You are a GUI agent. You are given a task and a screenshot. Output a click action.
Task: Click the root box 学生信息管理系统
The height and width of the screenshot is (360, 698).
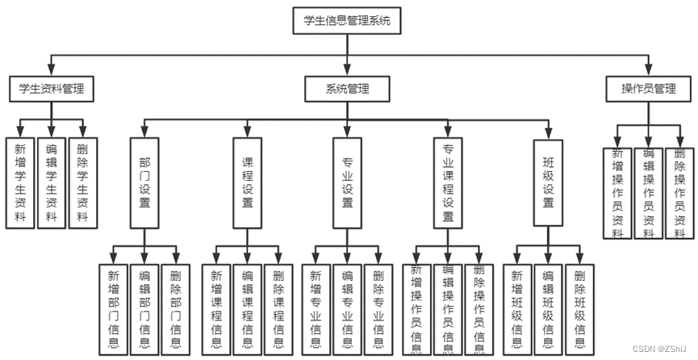point(347,21)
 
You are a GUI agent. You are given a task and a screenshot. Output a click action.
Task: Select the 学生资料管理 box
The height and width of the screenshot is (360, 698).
point(52,88)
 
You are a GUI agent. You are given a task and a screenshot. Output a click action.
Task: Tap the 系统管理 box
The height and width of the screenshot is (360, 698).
point(347,88)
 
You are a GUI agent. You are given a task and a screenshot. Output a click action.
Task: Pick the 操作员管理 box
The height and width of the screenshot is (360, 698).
point(647,88)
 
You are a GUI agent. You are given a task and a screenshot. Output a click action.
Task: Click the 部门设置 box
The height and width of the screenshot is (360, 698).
point(144,182)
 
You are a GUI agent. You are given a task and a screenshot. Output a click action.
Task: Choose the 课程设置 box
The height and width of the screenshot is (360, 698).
point(248,182)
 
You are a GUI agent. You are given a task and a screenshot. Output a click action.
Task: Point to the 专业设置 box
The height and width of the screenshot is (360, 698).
point(347,182)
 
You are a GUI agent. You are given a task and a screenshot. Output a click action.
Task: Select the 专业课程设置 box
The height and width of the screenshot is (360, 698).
point(448,182)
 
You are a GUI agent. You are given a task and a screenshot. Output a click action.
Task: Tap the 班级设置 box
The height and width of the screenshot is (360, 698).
point(548,182)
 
